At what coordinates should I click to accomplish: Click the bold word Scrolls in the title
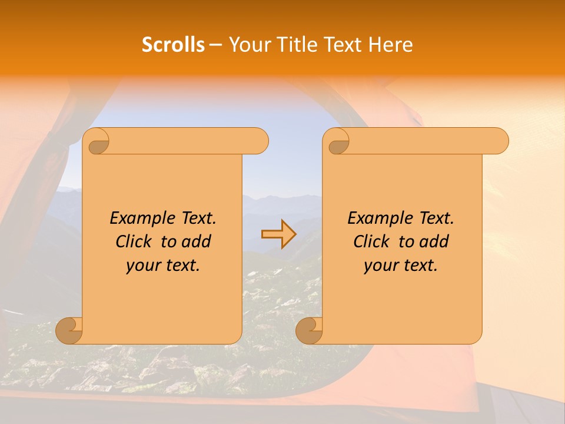click(x=173, y=45)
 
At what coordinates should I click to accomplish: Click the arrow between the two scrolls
click(x=278, y=234)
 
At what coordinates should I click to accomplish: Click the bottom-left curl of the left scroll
click(x=69, y=330)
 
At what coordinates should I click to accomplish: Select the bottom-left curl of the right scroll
click(x=309, y=330)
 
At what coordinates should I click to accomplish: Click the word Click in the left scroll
click(x=133, y=241)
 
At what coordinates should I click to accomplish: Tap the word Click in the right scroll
click(x=371, y=241)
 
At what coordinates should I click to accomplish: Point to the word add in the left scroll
click(x=197, y=241)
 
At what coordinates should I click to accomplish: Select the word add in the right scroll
click(x=435, y=241)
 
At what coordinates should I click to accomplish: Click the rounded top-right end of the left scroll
click(x=259, y=141)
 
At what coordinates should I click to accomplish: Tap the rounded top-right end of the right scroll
click(x=499, y=141)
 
